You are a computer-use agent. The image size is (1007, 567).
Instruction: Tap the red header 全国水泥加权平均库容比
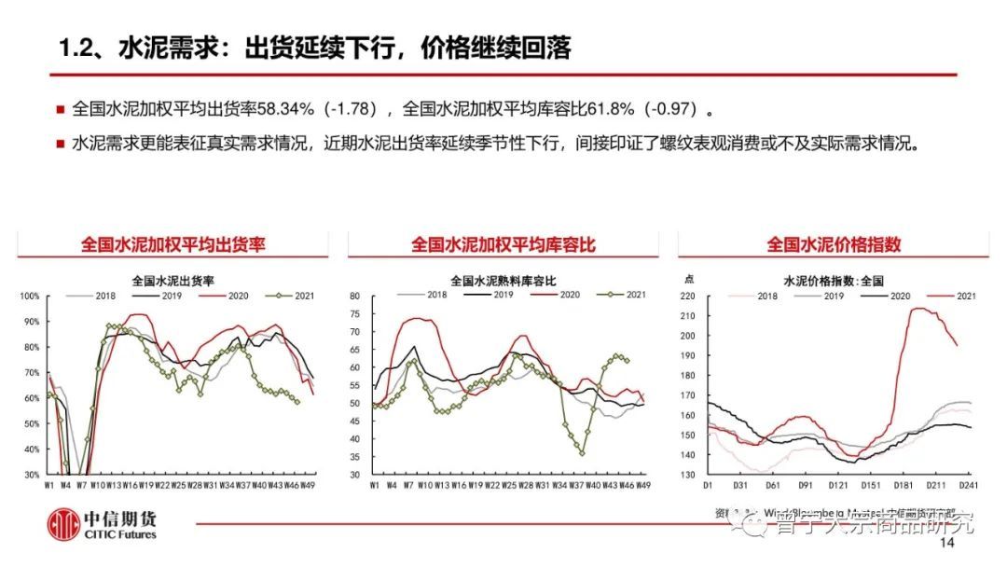(x=503, y=244)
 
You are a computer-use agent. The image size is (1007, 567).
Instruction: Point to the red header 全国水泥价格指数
(x=834, y=244)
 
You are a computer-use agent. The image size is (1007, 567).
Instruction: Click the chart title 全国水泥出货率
(x=173, y=279)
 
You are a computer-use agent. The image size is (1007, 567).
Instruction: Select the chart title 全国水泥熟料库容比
(x=503, y=279)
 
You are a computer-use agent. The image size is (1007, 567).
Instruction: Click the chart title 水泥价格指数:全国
(x=833, y=279)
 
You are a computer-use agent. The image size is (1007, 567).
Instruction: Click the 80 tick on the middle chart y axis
(x=354, y=297)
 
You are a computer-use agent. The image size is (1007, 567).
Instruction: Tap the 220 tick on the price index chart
(x=689, y=297)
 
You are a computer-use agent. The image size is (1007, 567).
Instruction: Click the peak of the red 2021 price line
(x=917, y=309)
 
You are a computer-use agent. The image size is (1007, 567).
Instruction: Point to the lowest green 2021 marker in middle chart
(x=583, y=453)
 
